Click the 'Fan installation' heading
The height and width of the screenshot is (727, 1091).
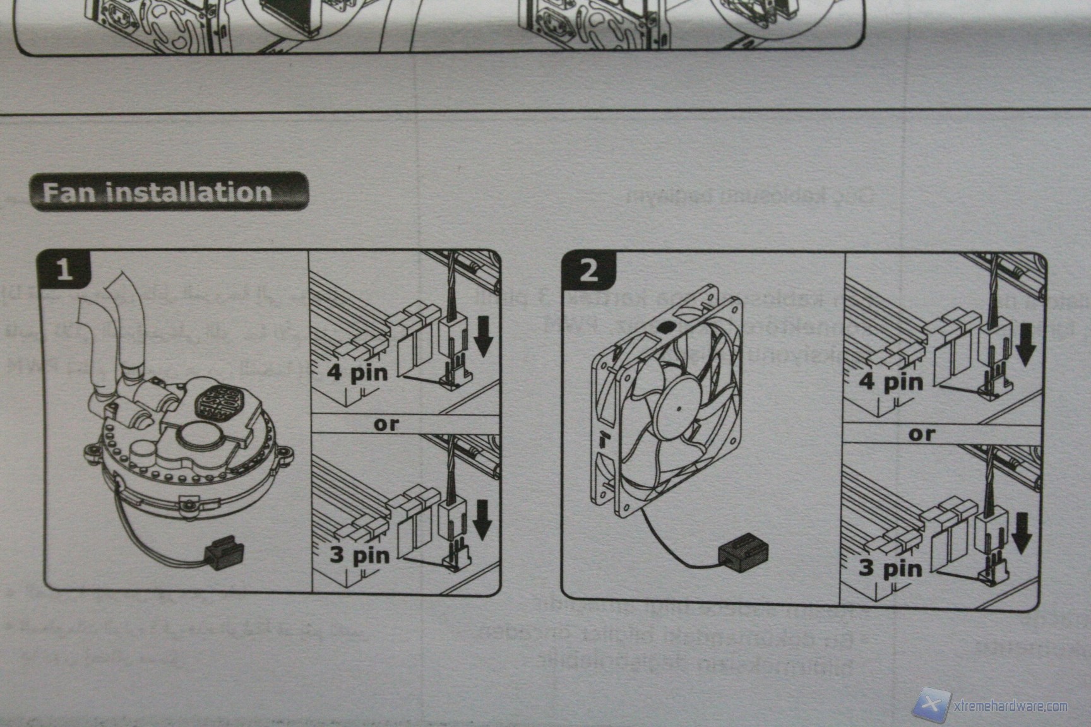[158, 192]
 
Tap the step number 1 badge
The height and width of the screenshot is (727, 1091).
[64, 269]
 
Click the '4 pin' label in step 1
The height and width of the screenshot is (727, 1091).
[357, 372]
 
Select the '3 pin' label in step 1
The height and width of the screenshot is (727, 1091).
[360, 555]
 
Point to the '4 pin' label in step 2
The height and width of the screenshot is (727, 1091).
[890, 382]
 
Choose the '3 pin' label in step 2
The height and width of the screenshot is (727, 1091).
[890, 567]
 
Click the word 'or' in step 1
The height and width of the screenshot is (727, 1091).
[386, 424]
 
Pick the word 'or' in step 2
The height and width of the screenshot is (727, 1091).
[921, 434]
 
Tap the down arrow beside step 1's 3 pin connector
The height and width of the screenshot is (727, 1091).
[482, 519]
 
